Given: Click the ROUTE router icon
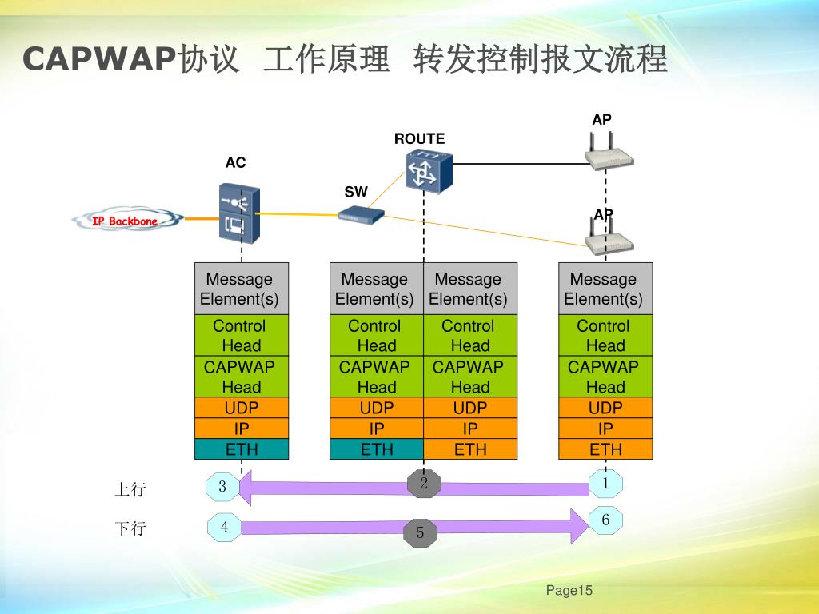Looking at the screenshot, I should click(x=428, y=170).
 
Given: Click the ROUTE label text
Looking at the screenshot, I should click(x=419, y=139).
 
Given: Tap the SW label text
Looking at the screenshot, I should click(x=356, y=192).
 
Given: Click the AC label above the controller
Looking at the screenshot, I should click(x=235, y=163).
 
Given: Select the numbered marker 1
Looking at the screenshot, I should click(x=605, y=484).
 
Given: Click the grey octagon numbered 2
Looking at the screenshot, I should click(x=425, y=484).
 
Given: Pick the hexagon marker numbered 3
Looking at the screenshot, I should click(x=222, y=487).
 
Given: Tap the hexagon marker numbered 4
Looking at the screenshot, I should click(x=225, y=528).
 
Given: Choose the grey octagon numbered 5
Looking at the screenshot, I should click(x=420, y=533).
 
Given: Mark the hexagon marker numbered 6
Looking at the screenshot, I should click(x=605, y=520).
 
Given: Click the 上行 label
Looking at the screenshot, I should click(x=130, y=489).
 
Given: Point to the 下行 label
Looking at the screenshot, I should click(x=130, y=528).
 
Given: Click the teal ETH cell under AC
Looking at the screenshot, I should click(x=242, y=449).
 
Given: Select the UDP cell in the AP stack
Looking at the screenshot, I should click(x=605, y=408).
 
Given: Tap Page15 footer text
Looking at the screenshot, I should click(x=569, y=591).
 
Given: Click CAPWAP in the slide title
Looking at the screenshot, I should click(x=98, y=60).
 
